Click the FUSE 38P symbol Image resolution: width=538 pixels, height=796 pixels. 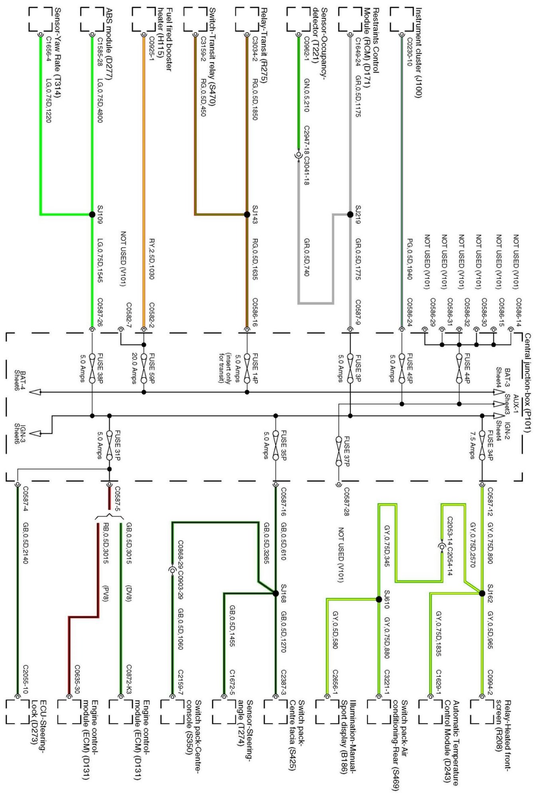pyautogui.click(x=92, y=368)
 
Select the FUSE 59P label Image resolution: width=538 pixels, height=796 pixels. pyautogui.click(x=152, y=368)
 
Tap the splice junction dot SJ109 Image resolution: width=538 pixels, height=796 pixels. pyautogui.click(x=92, y=215)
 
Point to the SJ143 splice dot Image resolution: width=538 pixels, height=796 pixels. pyautogui.click(x=247, y=215)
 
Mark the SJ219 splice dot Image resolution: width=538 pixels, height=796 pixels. pyautogui.click(x=350, y=215)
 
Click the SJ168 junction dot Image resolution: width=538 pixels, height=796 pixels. pyautogui.click(x=276, y=593)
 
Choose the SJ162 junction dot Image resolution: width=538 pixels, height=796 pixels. pyautogui.click(x=482, y=593)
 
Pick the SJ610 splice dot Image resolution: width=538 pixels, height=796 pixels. pyautogui.click(x=379, y=599)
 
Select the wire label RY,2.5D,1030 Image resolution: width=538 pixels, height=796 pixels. pyautogui.click(x=152, y=259)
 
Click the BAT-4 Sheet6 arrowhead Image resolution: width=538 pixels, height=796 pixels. pyautogui.click(x=36, y=392)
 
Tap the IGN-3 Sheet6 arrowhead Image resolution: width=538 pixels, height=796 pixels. pyautogui.click(x=36, y=433)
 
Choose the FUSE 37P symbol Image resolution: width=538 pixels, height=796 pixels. pyautogui.click(x=338, y=447)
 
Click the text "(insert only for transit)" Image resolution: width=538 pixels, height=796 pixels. pyautogui.click(x=225, y=368)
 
